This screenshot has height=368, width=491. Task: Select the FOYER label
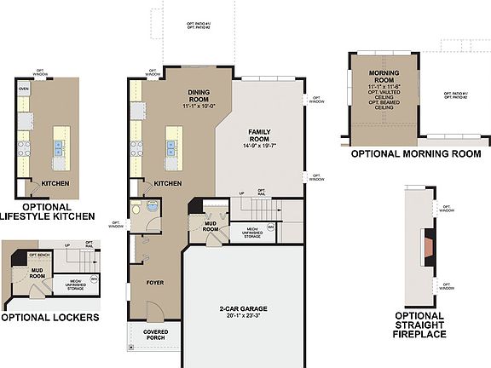click(x=154, y=282)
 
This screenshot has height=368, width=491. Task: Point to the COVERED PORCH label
click(x=154, y=335)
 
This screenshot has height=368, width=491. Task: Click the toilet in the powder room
click(x=151, y=207)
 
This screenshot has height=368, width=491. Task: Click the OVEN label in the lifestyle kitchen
click(x=24, y=88)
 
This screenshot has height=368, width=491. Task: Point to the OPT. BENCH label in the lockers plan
click(x=39, y=255)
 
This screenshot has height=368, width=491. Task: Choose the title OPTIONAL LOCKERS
click(x=49, y=317)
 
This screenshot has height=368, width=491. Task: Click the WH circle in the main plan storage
click(x=271, y=227)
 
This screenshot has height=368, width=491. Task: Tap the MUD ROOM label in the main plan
click(x=211, y=226)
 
